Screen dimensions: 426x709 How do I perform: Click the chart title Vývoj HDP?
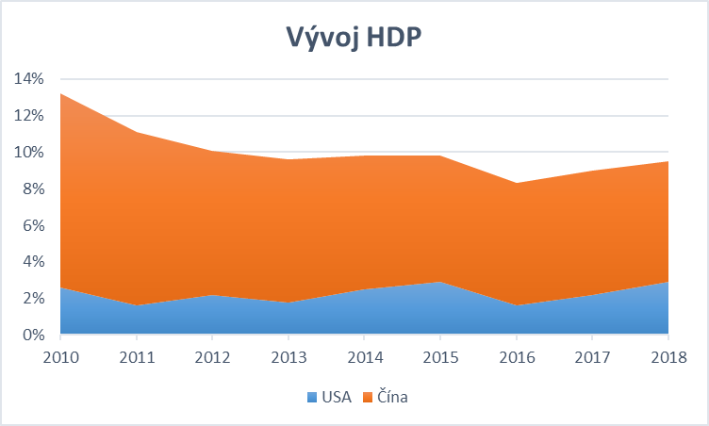click(354, 37)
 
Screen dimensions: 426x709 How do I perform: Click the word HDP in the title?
click(391, 37)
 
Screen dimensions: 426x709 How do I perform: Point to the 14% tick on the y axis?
click(28, 79)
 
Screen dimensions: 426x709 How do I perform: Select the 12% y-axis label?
click(28, 116)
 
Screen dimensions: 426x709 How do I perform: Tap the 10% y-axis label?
click(28, 153)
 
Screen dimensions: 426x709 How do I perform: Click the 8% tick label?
click(32, 189)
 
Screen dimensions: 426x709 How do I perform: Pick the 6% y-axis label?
click(32, 226)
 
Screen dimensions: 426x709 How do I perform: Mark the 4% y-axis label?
click(32, 262)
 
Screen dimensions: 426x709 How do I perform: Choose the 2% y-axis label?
click(32, 299)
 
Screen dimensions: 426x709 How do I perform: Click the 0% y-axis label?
click(32, 336)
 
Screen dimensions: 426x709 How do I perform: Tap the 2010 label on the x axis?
click(59, 356)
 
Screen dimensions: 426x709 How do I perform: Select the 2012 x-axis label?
click(212, 356)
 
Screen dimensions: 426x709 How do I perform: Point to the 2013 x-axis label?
click(288, 356)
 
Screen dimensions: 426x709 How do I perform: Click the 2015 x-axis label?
click(440, 356)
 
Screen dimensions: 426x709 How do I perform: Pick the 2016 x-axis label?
click(516, 356)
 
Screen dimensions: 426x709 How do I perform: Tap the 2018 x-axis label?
click(668, 356)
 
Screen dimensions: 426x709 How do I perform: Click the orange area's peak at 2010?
click(60, 94)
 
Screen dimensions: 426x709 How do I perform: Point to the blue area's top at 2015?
click(440, 282)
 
